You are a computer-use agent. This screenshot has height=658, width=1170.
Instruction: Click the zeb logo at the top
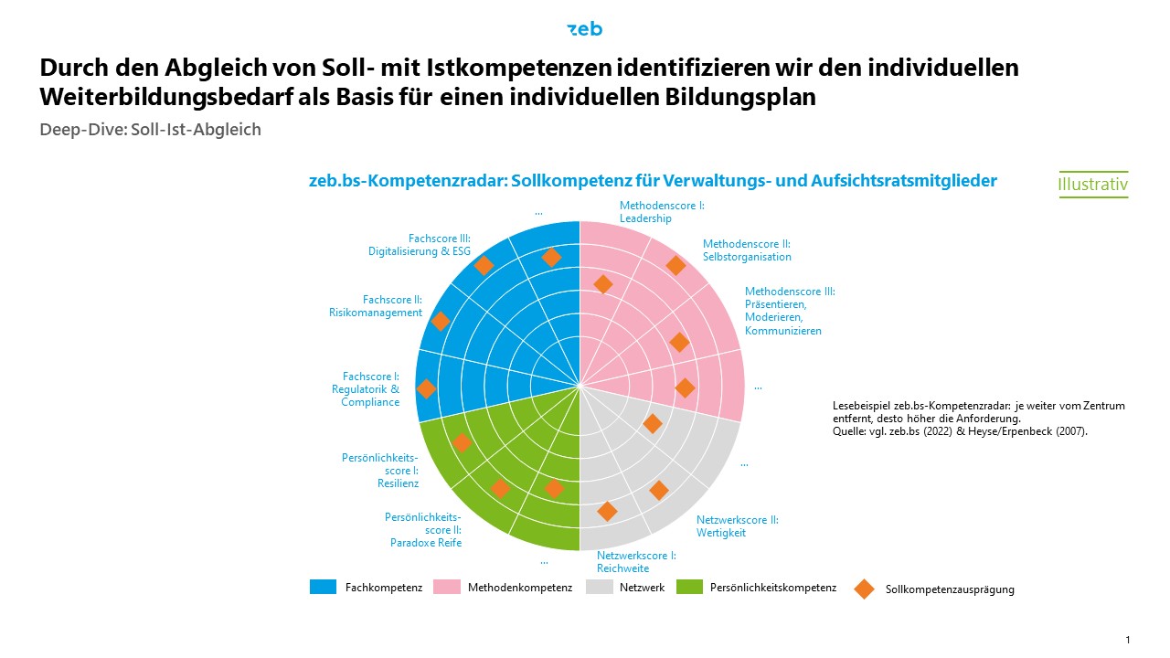[585, 29]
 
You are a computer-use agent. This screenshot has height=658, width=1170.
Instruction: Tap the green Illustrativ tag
[1092, 184]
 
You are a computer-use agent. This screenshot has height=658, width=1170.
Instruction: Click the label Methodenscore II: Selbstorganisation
[746, 250]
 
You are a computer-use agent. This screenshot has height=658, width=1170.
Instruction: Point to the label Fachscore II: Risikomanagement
[376, 306]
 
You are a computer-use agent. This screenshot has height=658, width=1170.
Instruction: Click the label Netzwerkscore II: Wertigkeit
[737, 525]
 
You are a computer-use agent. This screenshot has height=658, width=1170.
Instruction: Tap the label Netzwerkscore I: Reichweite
[636, 561]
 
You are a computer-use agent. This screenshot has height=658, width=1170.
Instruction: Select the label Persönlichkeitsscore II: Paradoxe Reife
[423, 530]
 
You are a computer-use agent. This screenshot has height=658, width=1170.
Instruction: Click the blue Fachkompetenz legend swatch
[324, 587]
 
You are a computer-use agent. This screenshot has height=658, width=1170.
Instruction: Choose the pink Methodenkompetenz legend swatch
[447, 587]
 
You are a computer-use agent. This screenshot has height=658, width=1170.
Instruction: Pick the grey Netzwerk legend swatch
[599, 587]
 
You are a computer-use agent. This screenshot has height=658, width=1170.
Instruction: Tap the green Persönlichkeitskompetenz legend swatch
[689, 587]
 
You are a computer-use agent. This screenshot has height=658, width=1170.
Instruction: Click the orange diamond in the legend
[864, 589]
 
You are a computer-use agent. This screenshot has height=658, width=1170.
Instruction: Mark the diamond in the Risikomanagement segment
[441, 321]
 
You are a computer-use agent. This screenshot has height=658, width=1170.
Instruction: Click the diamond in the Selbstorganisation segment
[675, 265]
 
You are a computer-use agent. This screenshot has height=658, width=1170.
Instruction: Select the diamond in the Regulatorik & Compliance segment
[426, 388]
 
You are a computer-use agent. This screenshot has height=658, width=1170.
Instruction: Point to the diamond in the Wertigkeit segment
[658, 490]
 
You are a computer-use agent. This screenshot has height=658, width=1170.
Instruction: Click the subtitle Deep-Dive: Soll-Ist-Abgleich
[151, 130]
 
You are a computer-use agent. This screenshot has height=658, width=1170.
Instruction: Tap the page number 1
[1128, 639]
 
